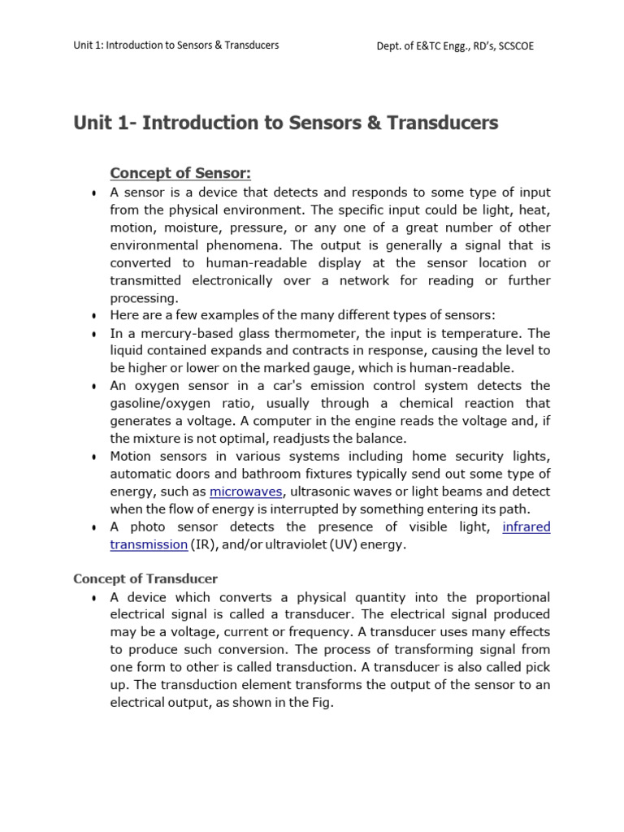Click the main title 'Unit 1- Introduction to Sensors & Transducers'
point(285,123)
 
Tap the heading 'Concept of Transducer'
point(145,578)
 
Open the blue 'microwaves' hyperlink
point(246,492)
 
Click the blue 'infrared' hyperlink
point(526,526)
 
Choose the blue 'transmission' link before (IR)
point(149,544)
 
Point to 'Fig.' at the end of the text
point(321,702)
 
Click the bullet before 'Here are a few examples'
point(94,316)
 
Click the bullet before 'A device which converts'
point(94,598)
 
